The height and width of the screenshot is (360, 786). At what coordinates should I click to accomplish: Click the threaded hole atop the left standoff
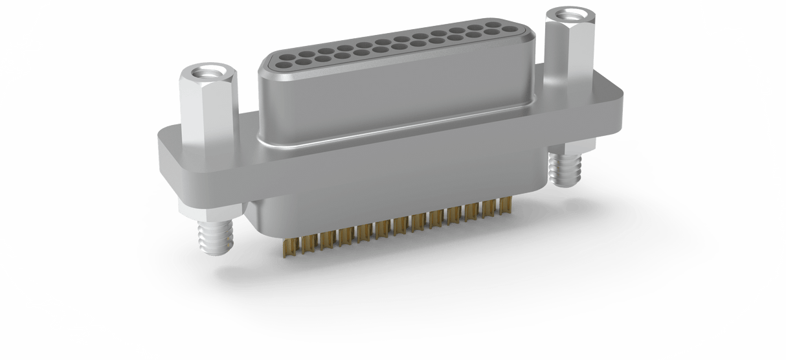pos(207,72)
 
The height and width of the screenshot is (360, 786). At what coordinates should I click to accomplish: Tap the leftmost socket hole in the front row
pos(284,65)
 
